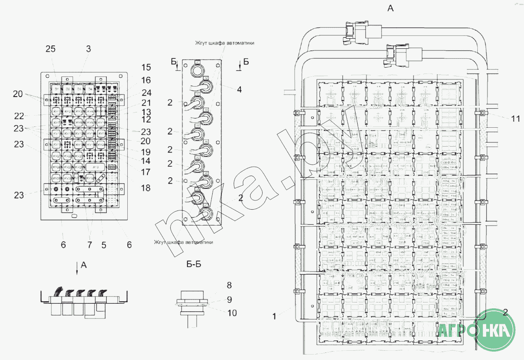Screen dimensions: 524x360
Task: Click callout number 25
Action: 50,49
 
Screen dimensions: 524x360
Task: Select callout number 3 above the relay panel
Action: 88,49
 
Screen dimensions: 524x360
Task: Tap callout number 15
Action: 146,68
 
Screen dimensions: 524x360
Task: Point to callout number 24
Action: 146,93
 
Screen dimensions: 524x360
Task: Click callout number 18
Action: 145,188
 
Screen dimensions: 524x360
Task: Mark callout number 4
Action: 239,89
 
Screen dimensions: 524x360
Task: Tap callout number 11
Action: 516,119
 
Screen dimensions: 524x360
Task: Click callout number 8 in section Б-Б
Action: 229,286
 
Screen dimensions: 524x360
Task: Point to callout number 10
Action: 232,313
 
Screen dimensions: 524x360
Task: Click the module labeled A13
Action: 95,167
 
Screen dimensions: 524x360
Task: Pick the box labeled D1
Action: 56,89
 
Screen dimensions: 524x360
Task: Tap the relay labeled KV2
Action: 67,112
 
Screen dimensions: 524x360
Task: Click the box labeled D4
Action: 89,89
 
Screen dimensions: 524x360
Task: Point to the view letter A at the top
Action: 390,8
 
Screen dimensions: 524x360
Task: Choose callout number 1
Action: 274,316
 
